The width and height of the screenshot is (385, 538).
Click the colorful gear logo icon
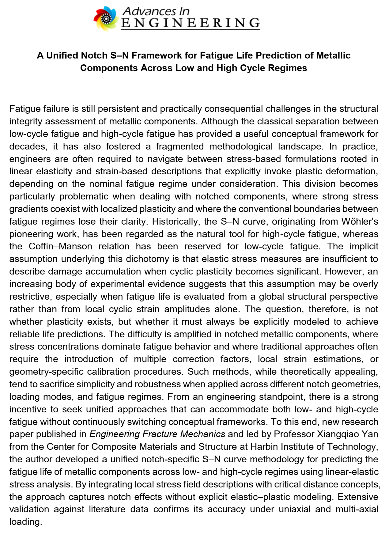pos(106,18)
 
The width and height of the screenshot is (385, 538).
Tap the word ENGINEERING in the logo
pos(190,23)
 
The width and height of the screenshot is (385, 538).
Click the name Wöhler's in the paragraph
pos(360,221)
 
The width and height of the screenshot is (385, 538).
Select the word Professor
pos(294,434)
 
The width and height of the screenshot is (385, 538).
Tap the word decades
pos(28,146)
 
